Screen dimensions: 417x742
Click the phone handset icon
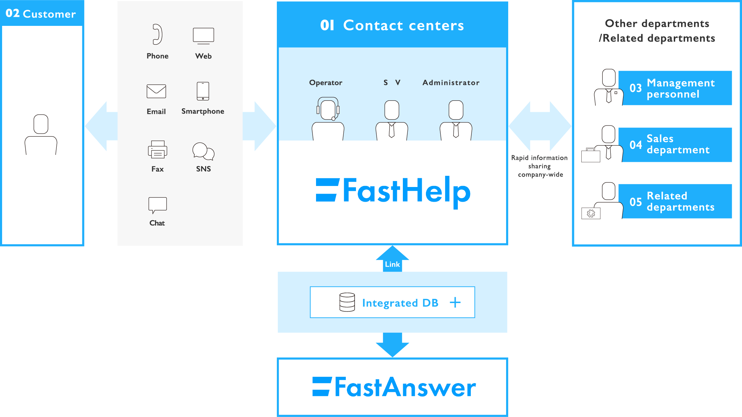(157, 34)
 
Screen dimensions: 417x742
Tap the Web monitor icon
(203, 36)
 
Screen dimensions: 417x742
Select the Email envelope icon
(156, 91)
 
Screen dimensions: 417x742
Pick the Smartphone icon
(203, 91)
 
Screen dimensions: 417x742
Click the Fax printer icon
(157, 149)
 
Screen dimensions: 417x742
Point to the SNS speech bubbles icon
(203, 151)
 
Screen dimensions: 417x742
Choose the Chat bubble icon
(157, 205)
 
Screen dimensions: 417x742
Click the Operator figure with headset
(328, 119)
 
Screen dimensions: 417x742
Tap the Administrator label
(451, 83)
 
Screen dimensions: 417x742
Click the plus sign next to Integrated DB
(455, 302)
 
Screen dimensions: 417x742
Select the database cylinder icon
(347, 302)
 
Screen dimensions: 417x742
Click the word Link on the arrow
(392, 264)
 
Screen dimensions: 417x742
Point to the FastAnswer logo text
(394, 387)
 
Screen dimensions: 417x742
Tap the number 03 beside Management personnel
(636, 88)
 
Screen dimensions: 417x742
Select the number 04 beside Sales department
(636, 145)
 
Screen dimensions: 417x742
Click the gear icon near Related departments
(591, 213)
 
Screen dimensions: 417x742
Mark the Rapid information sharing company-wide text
(540, 166)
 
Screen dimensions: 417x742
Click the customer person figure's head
(41, 124)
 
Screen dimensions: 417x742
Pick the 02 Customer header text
(41, 14)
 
